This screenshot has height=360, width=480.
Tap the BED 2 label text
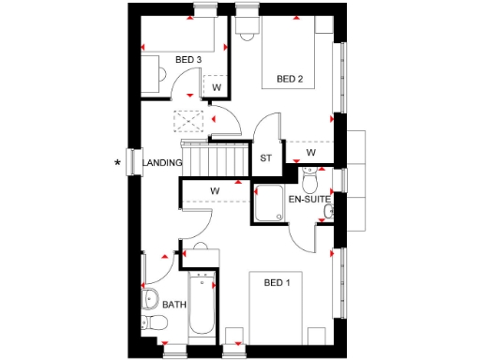pos(289,79)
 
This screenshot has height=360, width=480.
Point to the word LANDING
pos(163,163)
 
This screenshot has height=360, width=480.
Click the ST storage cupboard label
pos(265,158)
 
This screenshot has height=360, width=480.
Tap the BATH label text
pos(174,305)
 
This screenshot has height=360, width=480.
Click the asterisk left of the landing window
pos(117,164)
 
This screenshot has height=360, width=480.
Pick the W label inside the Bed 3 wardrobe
pos(216,88)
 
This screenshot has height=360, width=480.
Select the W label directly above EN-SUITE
pos(311,153)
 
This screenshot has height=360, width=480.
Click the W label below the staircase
pos(215,192)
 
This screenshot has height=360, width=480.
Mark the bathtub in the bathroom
pos(202,309)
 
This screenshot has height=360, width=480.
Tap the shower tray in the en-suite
pos(270,204)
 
